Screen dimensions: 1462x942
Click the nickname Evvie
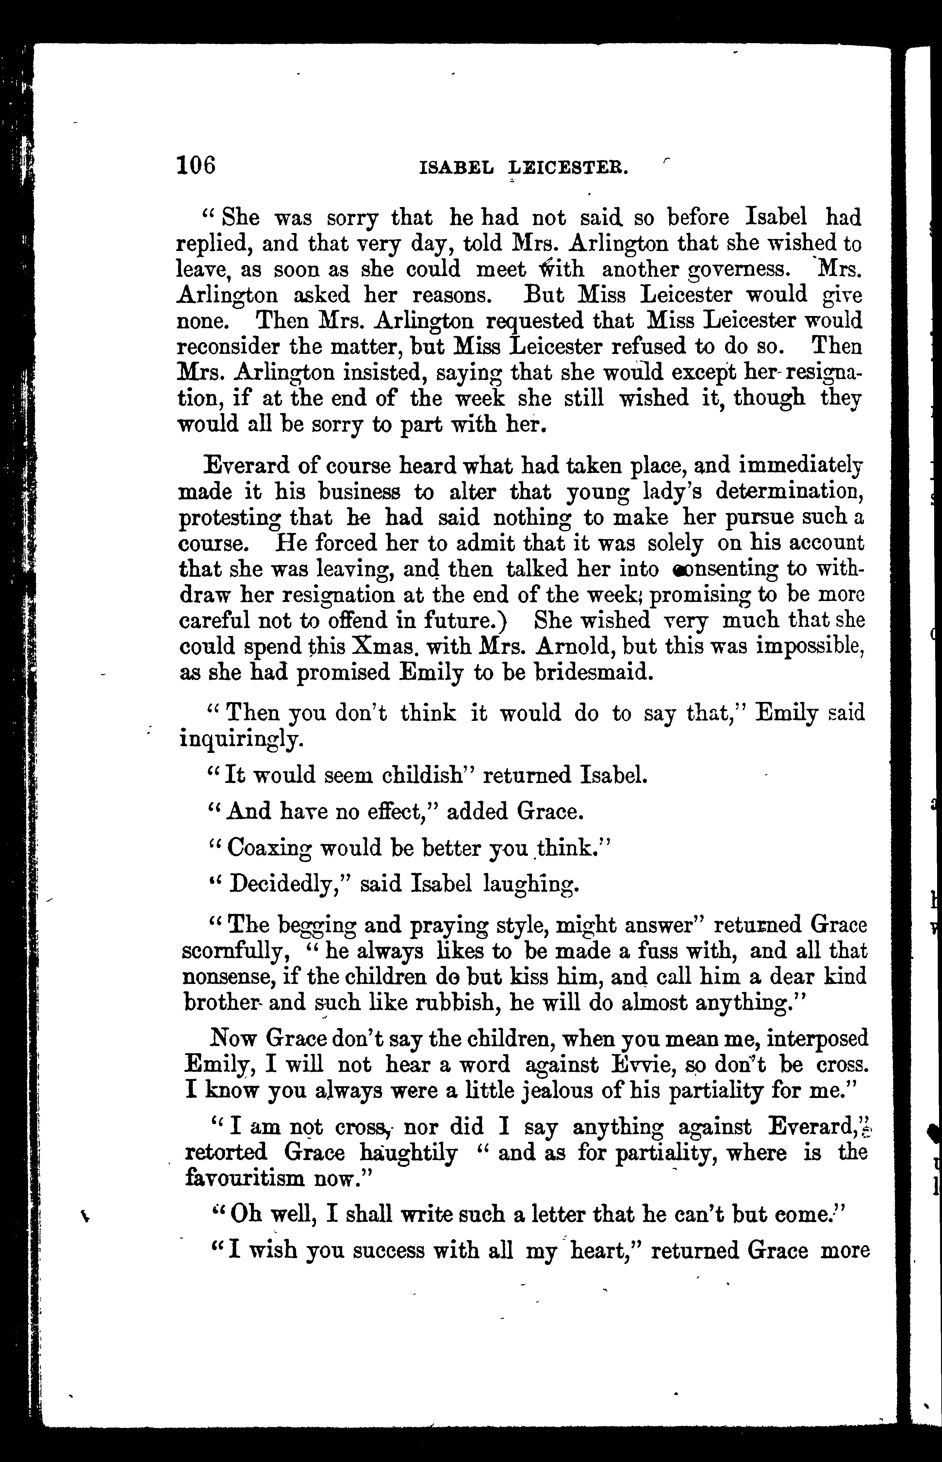[640, 1065]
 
